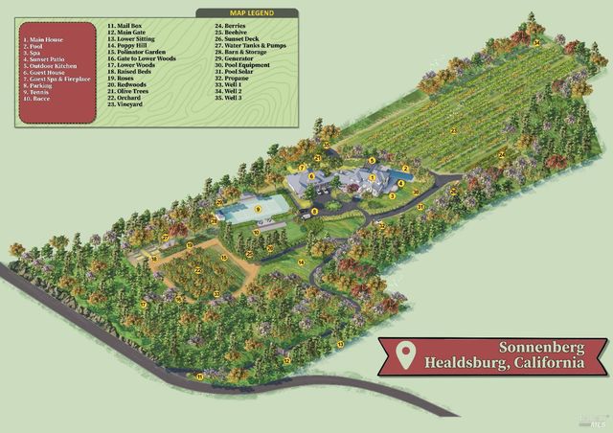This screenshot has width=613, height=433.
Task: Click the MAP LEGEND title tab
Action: coord(248,12)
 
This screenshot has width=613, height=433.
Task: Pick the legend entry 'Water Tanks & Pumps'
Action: coord(249,44)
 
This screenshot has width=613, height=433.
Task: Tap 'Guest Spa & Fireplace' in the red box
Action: coord(55,79)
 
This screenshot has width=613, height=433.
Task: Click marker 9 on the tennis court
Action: coord(258,209)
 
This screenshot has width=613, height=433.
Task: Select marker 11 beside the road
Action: coord(199,376)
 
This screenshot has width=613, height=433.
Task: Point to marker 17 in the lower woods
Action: coord(145,305)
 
